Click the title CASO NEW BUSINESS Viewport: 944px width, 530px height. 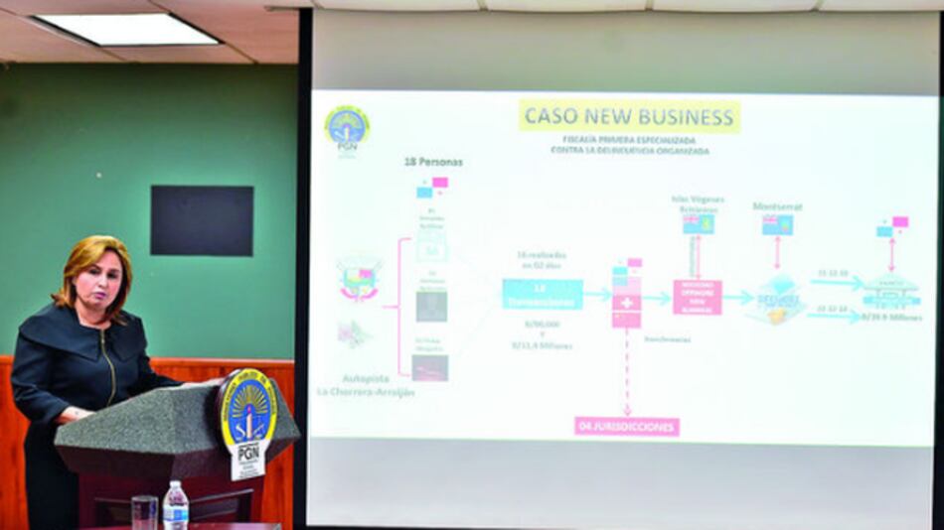(629, 116)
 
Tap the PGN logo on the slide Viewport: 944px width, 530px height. (347, 128)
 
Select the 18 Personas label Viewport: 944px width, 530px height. (432, 162)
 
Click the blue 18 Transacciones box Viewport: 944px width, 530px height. (542, 294)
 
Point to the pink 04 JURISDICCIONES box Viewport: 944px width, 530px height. (627, 427)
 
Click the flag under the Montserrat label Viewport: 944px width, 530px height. (778, 225)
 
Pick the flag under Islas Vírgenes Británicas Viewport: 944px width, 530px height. (698, 224)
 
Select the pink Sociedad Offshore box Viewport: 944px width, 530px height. (698, 297)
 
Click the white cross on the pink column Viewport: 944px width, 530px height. (627, 302)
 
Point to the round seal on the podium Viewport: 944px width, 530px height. (247, 410)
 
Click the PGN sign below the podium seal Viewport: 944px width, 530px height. (248, 460)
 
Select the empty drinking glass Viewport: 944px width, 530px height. (145, 512)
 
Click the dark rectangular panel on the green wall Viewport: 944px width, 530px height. (202, 220)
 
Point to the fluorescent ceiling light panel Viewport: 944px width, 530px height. (126, 29)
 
